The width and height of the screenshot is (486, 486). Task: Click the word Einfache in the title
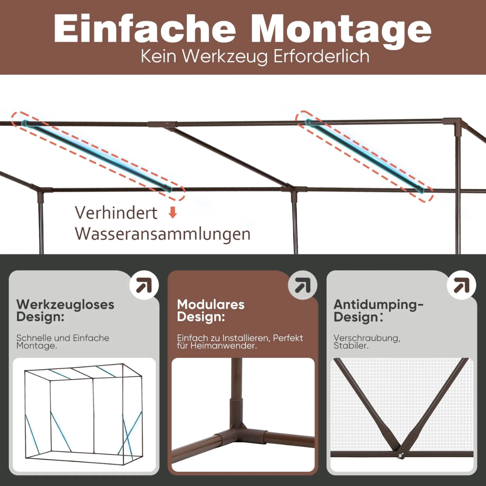click(x=145, y=28)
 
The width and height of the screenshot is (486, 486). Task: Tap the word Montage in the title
click(x=341, y=31)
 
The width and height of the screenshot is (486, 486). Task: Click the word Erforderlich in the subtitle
click(x=321, y=56)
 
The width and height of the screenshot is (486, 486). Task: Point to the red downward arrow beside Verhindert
click(x=173, y=212)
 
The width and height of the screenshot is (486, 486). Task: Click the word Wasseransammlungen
click(x=162, y=234)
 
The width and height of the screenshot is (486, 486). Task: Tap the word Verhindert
click(x=116, y=213)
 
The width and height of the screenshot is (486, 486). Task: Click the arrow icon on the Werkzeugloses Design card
click(x=144, y=285)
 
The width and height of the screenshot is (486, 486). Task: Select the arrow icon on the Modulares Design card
click(x=302, y=285)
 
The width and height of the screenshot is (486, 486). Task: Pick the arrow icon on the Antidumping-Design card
click(x=462, y=285)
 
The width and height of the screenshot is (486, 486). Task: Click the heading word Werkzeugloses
click(x=65, y=305)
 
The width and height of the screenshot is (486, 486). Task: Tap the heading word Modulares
click(x=211, y=304)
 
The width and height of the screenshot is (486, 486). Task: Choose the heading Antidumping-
click(x=378, y=305)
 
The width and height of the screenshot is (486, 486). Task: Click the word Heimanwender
click(x=223, y=346)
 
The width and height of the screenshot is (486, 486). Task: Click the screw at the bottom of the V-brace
click(x=401, y=455)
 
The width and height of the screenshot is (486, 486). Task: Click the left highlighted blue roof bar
click(x=97, y=155)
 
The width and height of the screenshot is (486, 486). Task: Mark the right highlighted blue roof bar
click(x=364, y=156)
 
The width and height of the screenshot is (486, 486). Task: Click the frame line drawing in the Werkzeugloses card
click(x=84, y=414)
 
